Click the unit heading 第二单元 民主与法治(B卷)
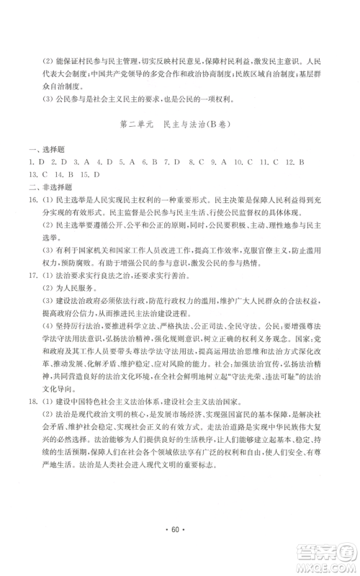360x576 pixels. [180, 125]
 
